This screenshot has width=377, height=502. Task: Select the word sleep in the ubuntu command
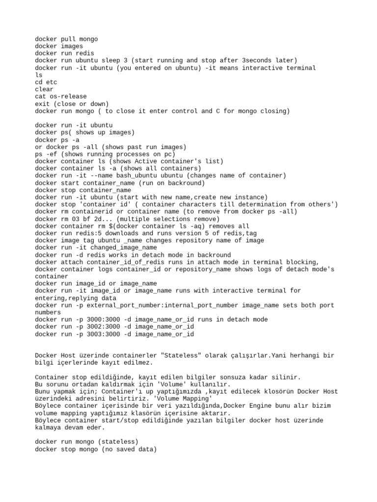116,60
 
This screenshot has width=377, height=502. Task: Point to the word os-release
66,97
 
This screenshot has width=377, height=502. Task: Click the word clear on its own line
44,89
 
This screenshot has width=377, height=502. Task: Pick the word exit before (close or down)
43,104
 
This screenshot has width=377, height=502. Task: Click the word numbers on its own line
48,312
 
